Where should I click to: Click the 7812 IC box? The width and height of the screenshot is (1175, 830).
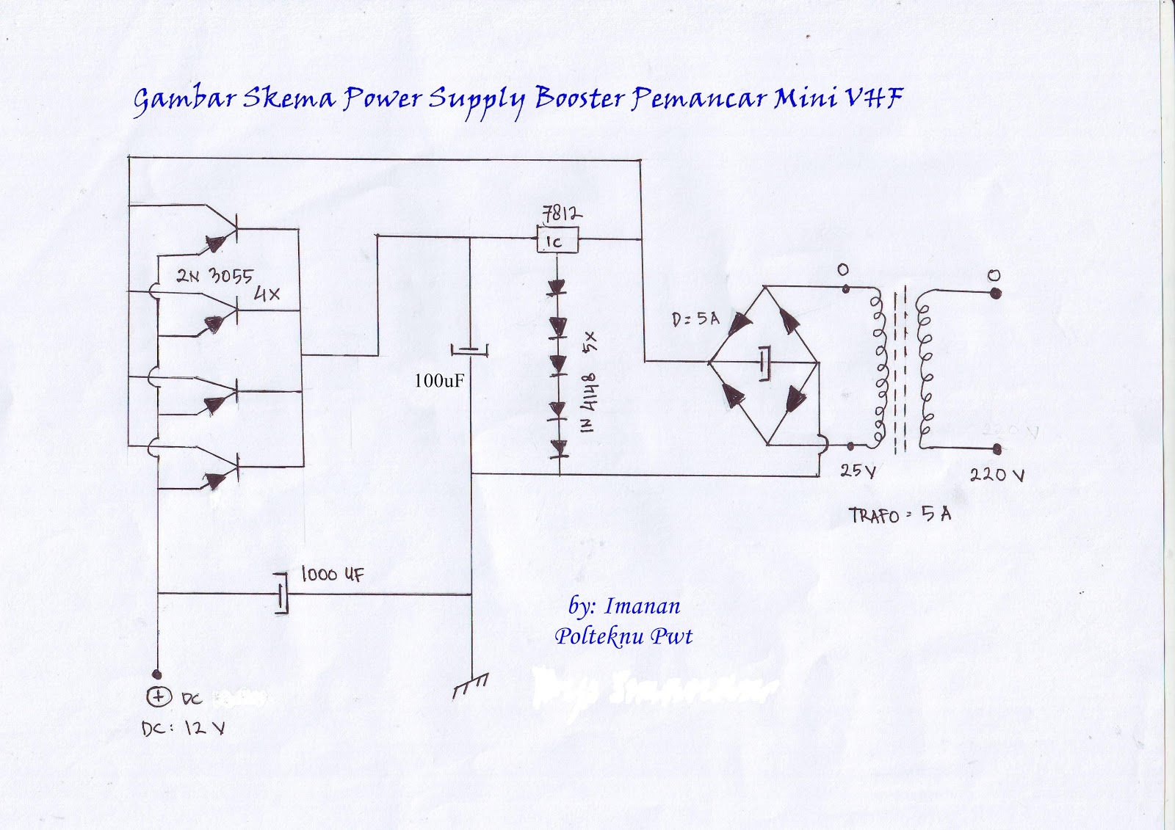557,240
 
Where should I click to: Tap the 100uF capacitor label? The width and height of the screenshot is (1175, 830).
438,381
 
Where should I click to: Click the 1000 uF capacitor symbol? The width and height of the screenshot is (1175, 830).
281,593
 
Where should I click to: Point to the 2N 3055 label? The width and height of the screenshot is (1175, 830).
214,276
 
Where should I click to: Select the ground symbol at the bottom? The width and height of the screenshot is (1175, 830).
470,685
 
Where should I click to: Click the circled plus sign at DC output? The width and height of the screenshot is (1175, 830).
159,696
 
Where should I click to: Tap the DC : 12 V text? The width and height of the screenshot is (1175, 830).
183,729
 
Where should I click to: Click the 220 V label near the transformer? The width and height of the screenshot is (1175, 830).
997,475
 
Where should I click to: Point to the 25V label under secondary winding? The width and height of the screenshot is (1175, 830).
858,471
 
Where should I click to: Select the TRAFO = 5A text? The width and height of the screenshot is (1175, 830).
900,514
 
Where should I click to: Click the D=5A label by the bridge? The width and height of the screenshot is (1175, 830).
695,318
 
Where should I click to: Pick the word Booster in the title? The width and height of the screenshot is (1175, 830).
580,98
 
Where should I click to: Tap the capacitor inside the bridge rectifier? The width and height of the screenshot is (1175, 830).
765,362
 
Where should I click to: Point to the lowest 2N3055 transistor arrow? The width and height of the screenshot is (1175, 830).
215,481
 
